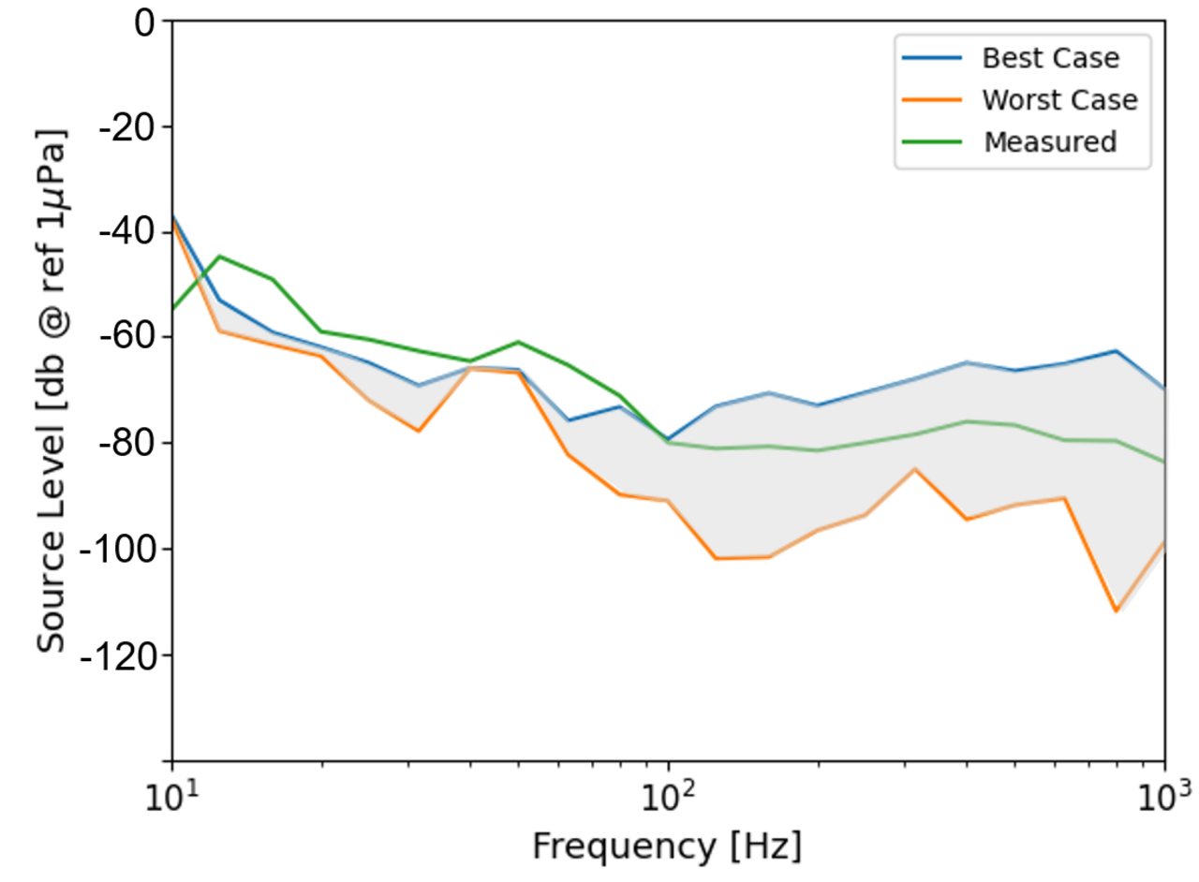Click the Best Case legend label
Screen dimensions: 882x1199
(1050, 58)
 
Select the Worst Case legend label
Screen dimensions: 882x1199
(1059, 100)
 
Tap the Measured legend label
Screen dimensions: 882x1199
(1050, 142)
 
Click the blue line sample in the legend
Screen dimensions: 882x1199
(932, 58)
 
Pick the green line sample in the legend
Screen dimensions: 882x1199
(932, 142)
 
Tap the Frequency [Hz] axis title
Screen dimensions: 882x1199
(667, 846)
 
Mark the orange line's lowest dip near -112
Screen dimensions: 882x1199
(1116, 611)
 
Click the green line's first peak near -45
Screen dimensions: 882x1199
(219, 256)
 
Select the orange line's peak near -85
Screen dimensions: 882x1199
(914, 468)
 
